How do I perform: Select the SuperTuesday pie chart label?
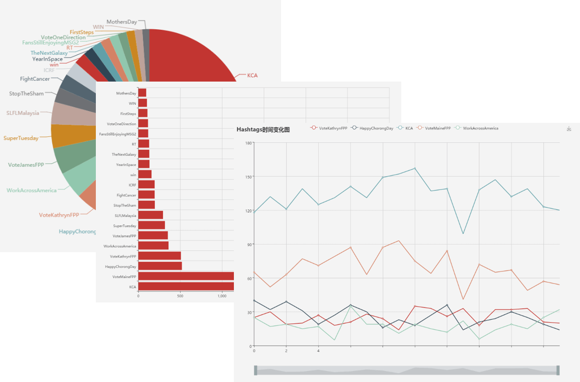tap(21, 138)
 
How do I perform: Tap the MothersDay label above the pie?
tap(122, 22)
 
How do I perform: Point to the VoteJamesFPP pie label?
tap(26, 165)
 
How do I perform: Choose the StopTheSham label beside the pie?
tap(26, 94)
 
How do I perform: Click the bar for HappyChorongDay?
tap(160, 266)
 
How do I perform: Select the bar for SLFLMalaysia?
tap(150, 215)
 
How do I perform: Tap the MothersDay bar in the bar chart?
tap(142, 93)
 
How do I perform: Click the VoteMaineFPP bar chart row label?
tap(124, 277)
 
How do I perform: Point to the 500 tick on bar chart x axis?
tap(180, 296)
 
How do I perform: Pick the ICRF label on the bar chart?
tap(132, 185)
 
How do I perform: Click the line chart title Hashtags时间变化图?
tap(263, 130)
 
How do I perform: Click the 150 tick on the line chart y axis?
tap(248, 177)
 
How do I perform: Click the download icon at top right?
tap(569, 129)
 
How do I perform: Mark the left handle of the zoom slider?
tap(256, 370)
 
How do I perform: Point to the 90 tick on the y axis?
tap(249, 244)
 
